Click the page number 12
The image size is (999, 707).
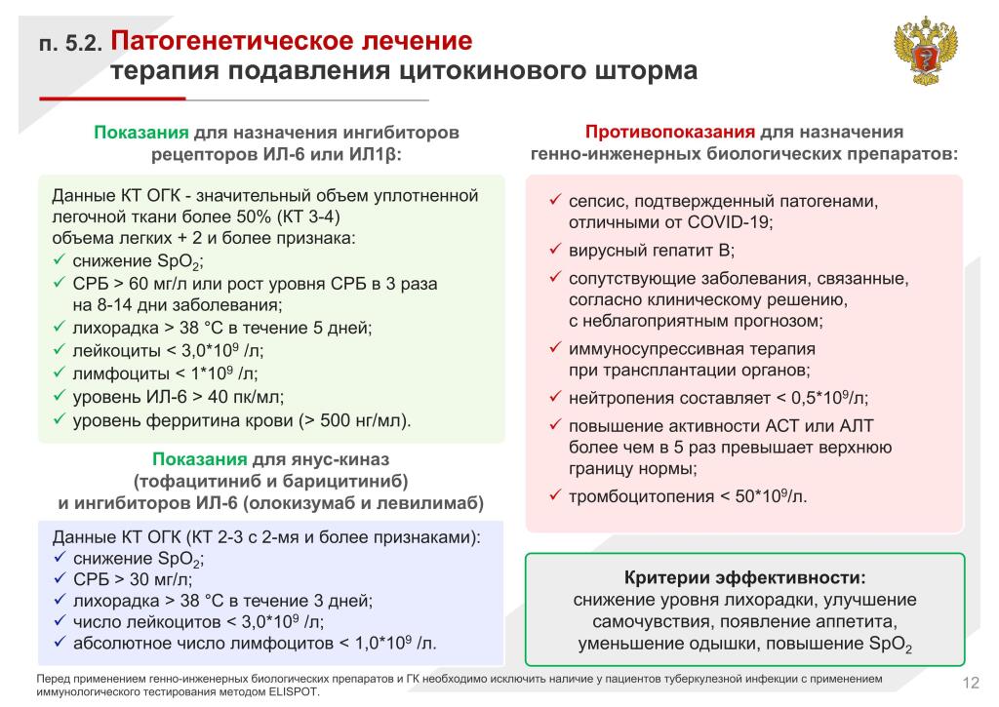(971, 681)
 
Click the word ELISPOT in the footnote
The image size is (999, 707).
(291, 691)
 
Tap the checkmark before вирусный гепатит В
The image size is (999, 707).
(552, 250)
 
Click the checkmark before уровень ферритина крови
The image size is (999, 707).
(58, 420)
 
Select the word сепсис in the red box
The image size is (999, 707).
(596, 202)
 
